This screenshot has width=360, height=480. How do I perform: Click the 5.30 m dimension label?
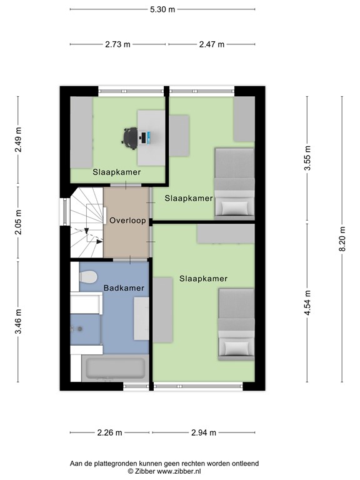[x=162, y=9]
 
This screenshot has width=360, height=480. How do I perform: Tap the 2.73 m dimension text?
[x=118, y=44]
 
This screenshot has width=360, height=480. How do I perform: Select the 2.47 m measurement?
[x=212, y=44]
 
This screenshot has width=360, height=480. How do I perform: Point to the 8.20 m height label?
[x=342, y=239]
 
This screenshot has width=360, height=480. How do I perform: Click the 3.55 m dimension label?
[x=307, y=158]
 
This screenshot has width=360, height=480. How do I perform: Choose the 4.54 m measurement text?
[x=307, y=302]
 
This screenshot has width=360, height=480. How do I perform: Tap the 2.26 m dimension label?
[x=109, y=432]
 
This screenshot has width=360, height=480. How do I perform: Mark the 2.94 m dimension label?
[x=204, y=432]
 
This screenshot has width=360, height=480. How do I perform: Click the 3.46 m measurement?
[x=18, y=322]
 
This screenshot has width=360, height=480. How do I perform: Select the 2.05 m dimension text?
[x=18, y=222]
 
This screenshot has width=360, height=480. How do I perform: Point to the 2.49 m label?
[x=18, y=139]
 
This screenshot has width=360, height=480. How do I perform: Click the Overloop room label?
[x=127, y=221]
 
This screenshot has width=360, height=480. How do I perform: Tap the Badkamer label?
[x=124, y=288]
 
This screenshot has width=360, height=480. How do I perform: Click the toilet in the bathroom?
[x=88, y=277]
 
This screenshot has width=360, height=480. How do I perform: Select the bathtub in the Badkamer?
[x=115, y=368]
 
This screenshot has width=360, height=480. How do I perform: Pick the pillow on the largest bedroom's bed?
[x=236, y=347]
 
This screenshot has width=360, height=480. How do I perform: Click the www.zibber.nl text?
[x=179, y=471]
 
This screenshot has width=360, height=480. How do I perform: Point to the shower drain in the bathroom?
[x=80, y=329]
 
